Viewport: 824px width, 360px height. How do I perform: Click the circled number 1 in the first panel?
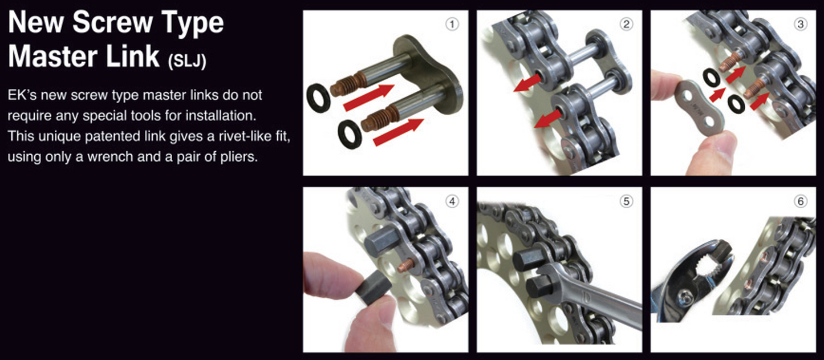pos(452,25)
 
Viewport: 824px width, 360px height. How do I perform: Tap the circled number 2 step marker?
pos(626,25)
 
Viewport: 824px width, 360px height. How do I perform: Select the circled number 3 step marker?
pos(801,25)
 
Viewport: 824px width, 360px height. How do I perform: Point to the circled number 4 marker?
pos(452,201)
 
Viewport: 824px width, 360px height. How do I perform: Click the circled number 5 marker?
pos(626,201)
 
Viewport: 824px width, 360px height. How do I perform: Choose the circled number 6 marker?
pos(801,201)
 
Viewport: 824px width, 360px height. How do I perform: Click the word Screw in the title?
pos(112,23)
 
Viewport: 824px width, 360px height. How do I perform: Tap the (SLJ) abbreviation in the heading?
pos(187,61)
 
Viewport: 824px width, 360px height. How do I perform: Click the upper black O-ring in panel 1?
pos(319,98)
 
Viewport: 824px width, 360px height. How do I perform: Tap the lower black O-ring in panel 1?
pos(350,134)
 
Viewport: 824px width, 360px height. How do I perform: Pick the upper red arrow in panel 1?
pos(368,96)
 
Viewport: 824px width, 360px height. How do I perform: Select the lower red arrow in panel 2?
pos(548,120)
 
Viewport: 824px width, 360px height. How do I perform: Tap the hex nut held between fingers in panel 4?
pos(374,288)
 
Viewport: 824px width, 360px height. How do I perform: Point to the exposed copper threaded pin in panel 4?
pos(406,265)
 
